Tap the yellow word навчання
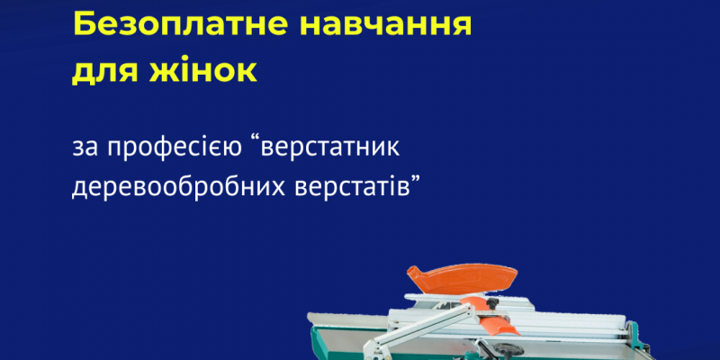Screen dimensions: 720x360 (386, 26)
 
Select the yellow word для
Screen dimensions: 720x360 (103, 73)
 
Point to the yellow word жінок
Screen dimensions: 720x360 (202, 70)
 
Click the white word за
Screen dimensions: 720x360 (85, 149)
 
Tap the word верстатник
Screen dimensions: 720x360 (330, 148)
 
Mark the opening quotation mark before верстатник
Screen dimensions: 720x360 (256, 140)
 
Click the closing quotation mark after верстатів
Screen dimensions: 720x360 (415, 179)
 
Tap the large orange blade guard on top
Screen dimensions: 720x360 (462, 278)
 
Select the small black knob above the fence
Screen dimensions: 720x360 (492, 302)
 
